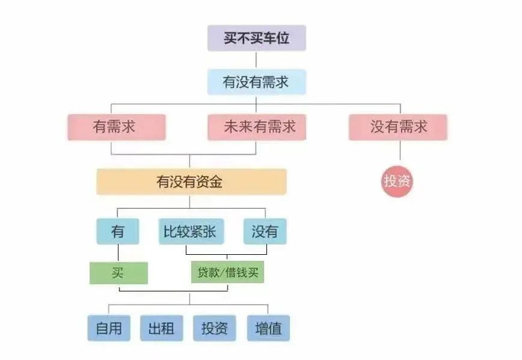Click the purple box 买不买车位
click(x=256, y=38)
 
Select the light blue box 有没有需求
click(x=256, y=82)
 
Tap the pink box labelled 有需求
click(x=114, y=127)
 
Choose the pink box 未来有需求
click(x=256, y=127)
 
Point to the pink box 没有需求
click(x=398, y=127)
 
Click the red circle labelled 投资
click(x=397, y=181)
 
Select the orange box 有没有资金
click(x=191, y=181)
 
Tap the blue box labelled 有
click(x=118, y=232)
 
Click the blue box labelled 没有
click(x=265, y=232)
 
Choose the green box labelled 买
click(x=118, y=273)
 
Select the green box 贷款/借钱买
click(x=227, y=273)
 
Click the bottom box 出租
click(x=161, y=328)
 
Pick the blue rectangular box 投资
click(x=215, y=328)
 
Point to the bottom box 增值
click(x=268, y=328)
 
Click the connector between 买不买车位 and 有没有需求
click(x=256, y=60)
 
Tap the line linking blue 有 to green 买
click(x=118, y=253)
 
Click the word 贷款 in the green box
click(x=209, y=273)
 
